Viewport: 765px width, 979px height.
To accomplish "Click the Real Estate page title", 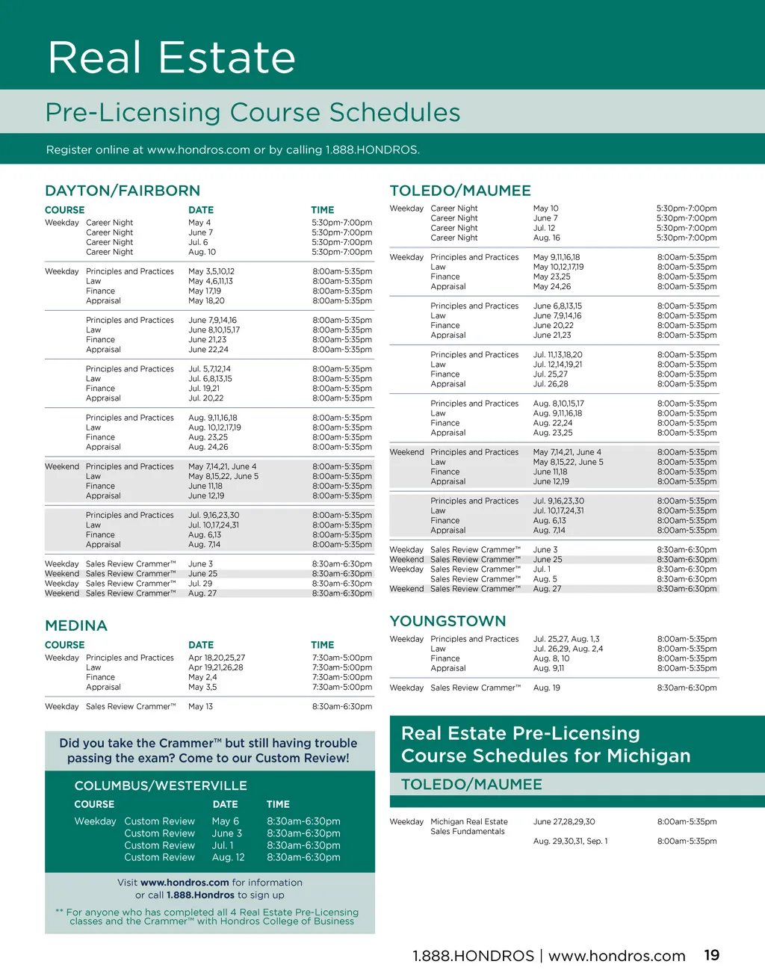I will click(x=172, y=58).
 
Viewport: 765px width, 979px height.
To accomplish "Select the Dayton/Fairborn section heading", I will click(x=123, y=191).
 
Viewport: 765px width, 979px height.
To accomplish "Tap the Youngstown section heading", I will click(x=447, y=621).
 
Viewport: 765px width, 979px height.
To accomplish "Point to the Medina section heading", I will click(x=76, y=626).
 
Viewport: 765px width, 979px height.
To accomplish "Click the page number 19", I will click(x=711, y=955).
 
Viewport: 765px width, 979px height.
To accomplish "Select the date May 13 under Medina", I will click(x=200, y=706).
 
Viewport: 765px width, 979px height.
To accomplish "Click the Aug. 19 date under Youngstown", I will click(x=546, y=688).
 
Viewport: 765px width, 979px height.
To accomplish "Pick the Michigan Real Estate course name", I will click(x=468, y=821).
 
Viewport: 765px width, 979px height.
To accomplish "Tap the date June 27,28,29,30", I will click(x=563, y=821).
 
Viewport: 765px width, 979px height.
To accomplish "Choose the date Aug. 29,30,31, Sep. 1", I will click(x=570, y=841).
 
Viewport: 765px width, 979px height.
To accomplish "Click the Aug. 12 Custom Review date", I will click(x=228, y=857).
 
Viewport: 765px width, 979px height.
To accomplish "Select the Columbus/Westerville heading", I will click(x=161, y=785).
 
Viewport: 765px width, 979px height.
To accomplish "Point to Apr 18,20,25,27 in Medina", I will click(x=216, y=658).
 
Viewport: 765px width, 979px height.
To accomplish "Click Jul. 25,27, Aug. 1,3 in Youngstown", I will click(x=566, y=639).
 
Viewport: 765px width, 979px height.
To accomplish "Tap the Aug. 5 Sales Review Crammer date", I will click(x=545, y=579).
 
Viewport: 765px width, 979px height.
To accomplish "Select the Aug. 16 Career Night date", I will click(x=546, y=238).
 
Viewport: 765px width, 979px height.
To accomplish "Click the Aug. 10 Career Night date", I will click(x=202, y=252).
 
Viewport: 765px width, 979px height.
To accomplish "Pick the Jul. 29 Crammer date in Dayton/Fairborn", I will click(x=200, y=584).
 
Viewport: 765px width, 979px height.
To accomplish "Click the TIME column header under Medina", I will click(x=322, y=645).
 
